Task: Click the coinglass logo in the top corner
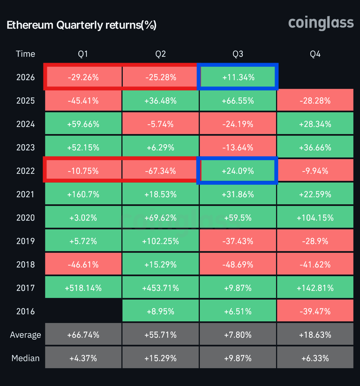pyautogui.click(x=321, y=23)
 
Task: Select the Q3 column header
pyautogui.click(x=238, y=54)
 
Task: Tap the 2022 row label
pyautogui.click(x=25, y=171)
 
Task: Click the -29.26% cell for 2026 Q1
pyautogui.click(x=83, y=77)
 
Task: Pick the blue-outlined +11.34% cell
pyautogui.click(x=238, y=77)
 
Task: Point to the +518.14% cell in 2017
pyautogui.click(x=83, y=288)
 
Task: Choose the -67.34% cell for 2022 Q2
pyautogui.click(x=160, y=171)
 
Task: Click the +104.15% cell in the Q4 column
pyautogui.click(x=315, y=218)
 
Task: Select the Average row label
pyautogui.click(x=25, y=335)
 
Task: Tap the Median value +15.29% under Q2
pyautogui.click(x=160, y=358)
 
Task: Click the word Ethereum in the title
pyautogui.click(x=30, y=25)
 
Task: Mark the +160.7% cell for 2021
pyautogui.click(x=83, y=194)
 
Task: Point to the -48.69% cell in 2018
pyautogui.click(x=238, y=264)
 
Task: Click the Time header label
pyautogui.click(x=25, y=54)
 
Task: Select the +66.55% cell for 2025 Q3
pyautogui.click(x=238, y=101)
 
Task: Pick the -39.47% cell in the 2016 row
pyautogui.click(x=315, y=311)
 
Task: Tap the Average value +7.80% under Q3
pyautogui.click(x=238, y=335)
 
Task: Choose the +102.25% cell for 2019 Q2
pyautogui.click(x=160, y=241)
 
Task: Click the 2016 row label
pyautogui.click(x=25, y=311)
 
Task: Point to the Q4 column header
pyautogui.click(x=315, y=54)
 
